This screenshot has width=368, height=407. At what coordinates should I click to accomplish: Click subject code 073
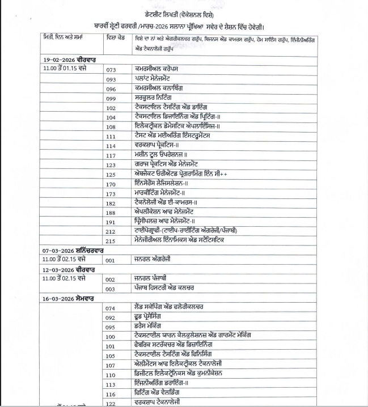(111, 69)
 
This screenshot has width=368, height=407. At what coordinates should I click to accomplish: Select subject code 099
(111, 98)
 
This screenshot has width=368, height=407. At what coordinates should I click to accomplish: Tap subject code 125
(111, 175)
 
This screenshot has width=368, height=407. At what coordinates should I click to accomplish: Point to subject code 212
(111, 231)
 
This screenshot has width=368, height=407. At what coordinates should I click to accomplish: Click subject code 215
(111, 241)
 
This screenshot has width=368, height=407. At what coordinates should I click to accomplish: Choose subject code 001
(111, 260)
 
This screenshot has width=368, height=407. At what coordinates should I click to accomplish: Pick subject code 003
(111, 289)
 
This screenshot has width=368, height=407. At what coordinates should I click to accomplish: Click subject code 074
(111, 308)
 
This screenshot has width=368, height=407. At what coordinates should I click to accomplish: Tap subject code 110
(111, 375)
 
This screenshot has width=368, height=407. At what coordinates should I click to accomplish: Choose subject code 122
(111, 403)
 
